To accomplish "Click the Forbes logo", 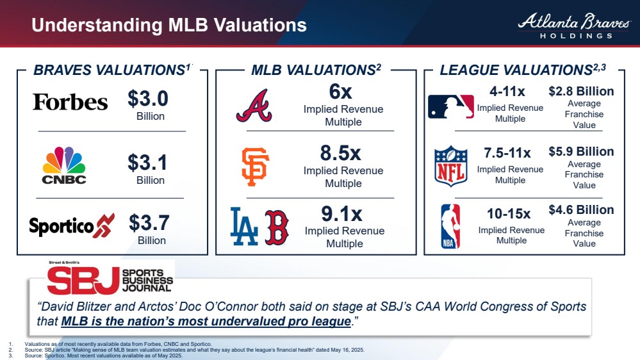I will tap(70, 102).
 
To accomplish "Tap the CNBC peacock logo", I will tap(63, 165).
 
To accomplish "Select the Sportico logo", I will tap(71, 226).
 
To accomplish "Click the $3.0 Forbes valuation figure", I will tap(147, 99).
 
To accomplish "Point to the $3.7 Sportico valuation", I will tap(149, 223).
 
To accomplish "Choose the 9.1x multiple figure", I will tap(341, 213).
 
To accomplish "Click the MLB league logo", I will tap(451, 106).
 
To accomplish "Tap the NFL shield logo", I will tap(451, 166).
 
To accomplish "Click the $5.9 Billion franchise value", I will tap(581, 152).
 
